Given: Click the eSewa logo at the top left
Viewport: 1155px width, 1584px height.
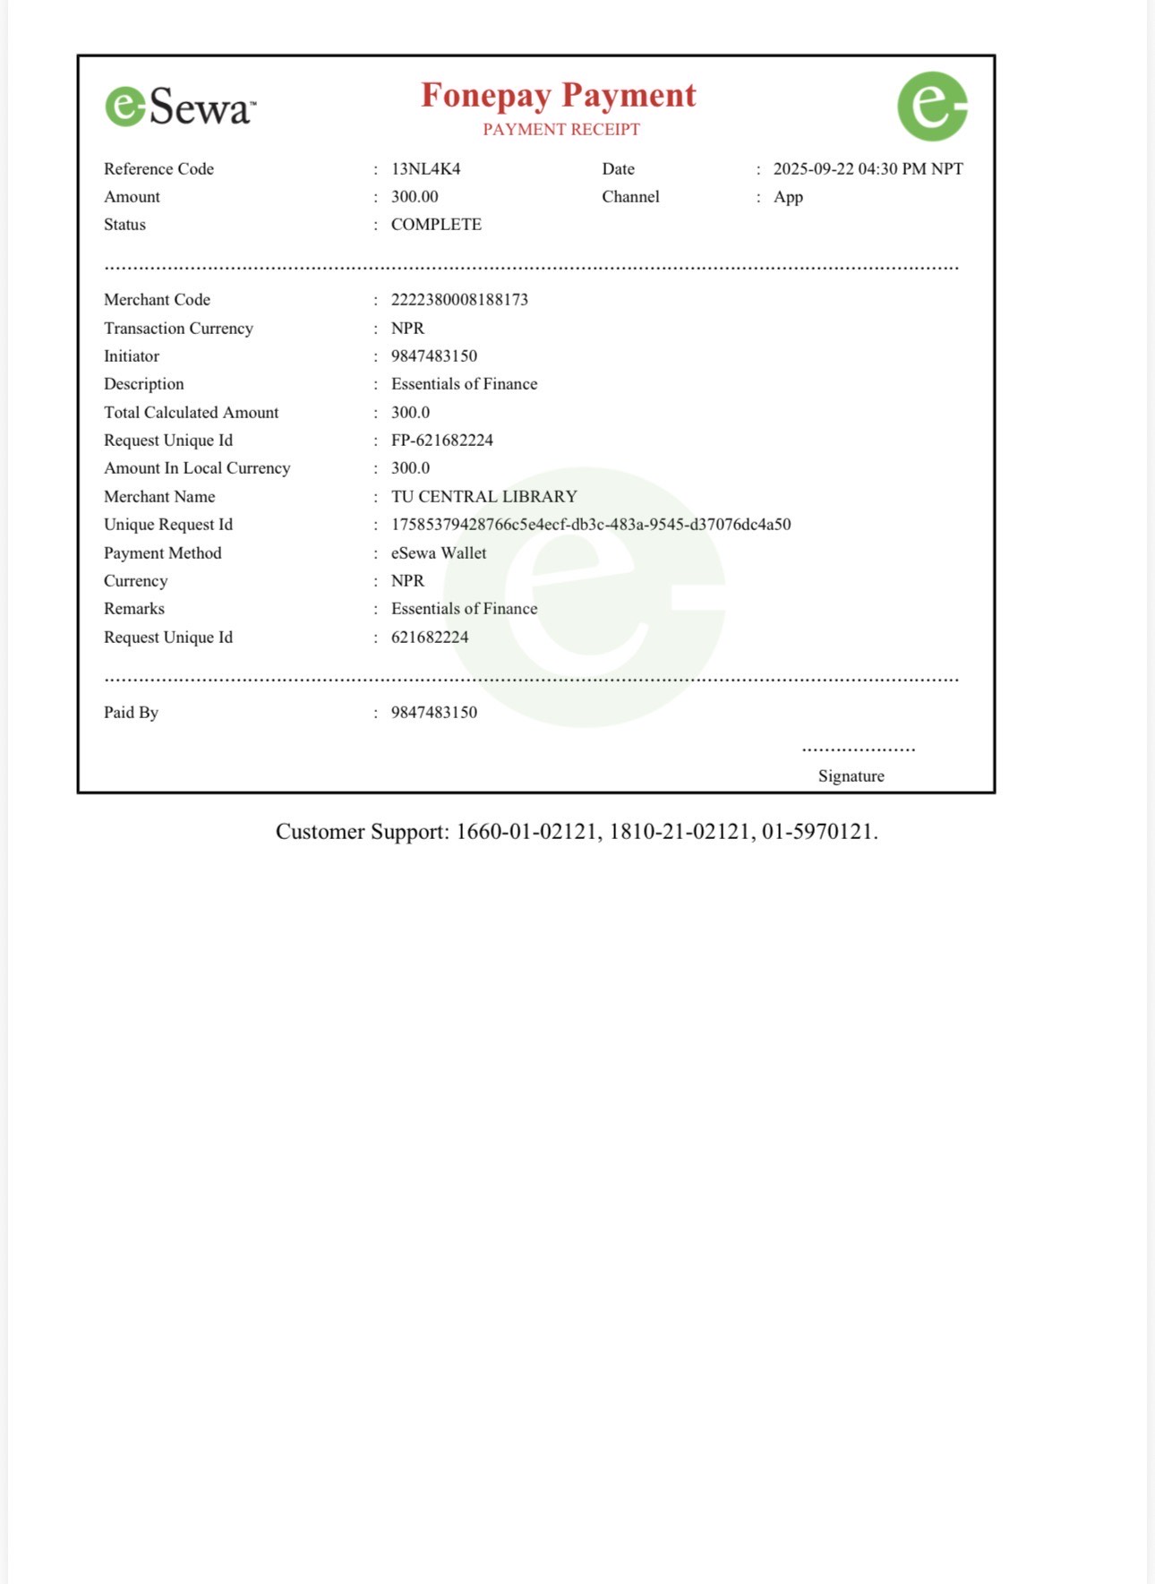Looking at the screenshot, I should (x=180, y=107).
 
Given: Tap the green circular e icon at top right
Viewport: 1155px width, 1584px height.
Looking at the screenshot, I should (x=932, y=107).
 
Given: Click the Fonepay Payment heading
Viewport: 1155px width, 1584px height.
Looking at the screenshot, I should (x=559, y=95).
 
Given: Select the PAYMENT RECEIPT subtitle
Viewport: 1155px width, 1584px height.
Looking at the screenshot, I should (x=561, y=130).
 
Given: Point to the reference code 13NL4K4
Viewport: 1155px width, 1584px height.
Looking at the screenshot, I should (x=425, y=169).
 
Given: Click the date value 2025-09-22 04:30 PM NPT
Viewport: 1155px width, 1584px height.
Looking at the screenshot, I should (x=868, y=169).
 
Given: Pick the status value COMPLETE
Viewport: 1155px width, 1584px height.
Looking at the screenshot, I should (x=436, y=225).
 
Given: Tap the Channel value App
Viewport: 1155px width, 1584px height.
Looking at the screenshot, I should (x=788, y=197).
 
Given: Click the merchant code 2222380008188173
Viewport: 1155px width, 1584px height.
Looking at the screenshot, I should (x=459, y=300).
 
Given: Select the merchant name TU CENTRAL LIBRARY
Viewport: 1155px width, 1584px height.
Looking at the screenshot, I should (x=483, y=497).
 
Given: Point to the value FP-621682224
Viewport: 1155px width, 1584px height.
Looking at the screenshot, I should (x=441, y=441).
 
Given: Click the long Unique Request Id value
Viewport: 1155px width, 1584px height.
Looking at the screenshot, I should (x=591, y=525).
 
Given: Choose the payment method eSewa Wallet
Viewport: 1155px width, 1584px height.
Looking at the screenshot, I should (x=439, y=553).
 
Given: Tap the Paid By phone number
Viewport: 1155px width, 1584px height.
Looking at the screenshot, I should (x=433, y=713).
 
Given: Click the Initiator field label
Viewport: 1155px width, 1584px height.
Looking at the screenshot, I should (x=132, y=356).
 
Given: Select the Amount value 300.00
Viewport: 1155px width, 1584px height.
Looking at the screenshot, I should (x=415, y=197).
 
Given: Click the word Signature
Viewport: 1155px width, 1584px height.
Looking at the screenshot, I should (x=851, y=776).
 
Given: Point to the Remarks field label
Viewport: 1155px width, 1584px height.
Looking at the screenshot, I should (x=134, y=609).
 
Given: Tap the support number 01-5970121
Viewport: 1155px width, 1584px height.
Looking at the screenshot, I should (x=817, y=832).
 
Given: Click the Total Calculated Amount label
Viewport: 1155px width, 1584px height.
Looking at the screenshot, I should (x=191, y=413).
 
